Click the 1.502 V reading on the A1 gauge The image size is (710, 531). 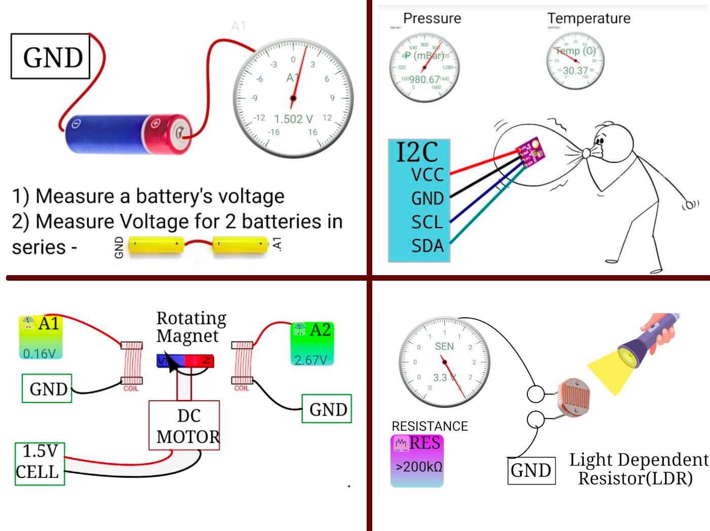pos(293,119)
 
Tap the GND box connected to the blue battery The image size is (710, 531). pos(51,56)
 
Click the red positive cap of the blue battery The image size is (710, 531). pos(167,133)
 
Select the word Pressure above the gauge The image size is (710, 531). pos(432,18)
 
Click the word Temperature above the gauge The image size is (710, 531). pos(589,18)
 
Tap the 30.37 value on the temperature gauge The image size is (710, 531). pos(575,71)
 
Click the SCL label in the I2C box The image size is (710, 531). pos(427,222)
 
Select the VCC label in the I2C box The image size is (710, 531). pos(427,175)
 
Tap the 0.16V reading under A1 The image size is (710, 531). pos(40,353)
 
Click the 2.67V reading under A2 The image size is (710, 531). pos(310,360)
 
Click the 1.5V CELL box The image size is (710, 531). pos(39,463)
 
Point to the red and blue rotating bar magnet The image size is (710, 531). pos(185,361)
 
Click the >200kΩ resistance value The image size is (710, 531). pos(419,467)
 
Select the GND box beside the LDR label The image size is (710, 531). pos(531,471)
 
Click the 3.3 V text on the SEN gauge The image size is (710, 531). pos(444,377)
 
